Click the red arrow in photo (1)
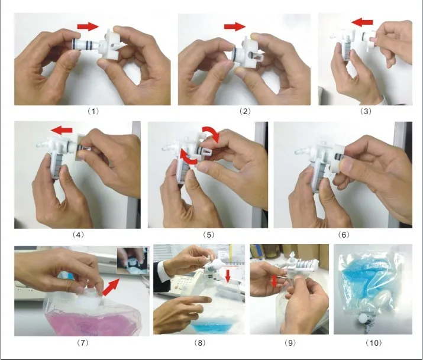88,27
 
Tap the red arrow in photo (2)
235,27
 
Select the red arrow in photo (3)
362,22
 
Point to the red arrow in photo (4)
62,131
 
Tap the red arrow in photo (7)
111,287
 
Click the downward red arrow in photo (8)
228,277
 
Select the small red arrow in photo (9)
274,281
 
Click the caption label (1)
93,111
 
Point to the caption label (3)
366,111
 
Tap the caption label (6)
343,235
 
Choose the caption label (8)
200,343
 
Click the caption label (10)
374,343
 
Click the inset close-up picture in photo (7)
133,261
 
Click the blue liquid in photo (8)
213,324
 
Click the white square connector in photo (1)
111,44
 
